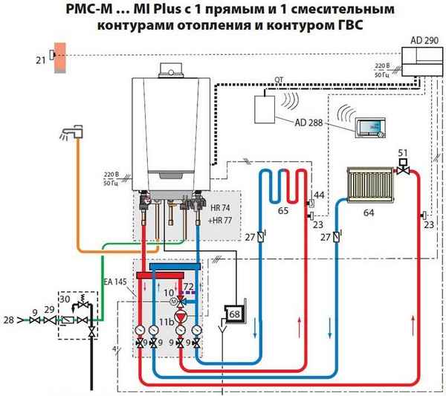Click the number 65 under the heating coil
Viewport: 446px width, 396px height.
283,211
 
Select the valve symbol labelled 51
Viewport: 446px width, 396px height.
404,169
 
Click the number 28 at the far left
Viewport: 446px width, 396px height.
8,319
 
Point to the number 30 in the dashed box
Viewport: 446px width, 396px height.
67,298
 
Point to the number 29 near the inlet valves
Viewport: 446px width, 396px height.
48,308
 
